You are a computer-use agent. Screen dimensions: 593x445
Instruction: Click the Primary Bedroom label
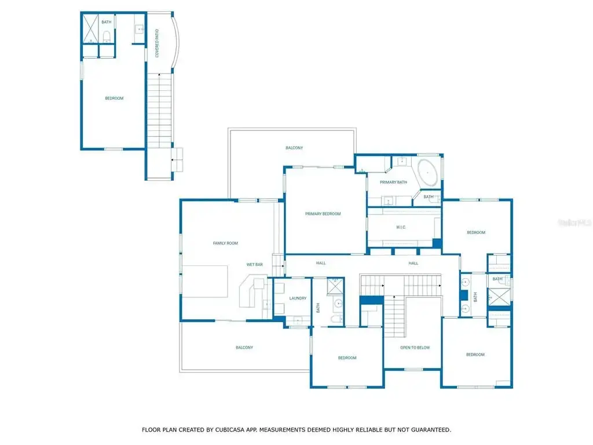(x=323, y=214)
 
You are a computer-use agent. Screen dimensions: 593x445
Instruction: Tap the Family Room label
(x=225, y=243)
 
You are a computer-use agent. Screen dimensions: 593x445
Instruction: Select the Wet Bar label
(x=255, y=264)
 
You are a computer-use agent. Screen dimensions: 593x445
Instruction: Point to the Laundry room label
(x=298, y=298)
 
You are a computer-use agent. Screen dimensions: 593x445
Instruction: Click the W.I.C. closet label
(x=401, y=227)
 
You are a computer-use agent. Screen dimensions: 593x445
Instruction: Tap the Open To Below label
(x=415, y=348)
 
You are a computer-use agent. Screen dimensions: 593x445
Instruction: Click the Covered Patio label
(x=157, y=43)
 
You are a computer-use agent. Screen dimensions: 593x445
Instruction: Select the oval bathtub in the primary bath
(x=427, y=173)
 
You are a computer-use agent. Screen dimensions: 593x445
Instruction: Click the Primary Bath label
(x=393, y=182)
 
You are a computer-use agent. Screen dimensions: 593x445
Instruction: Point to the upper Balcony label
(x=294, y=148)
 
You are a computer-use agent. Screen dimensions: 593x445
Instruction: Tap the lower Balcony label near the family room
(x=244, y=348)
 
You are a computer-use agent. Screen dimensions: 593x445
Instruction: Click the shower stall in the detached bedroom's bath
(x=91, y=29)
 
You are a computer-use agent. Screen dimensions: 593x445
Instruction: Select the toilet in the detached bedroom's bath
(x=107, y=37)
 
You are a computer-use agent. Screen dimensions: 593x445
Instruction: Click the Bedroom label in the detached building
(x=114, y=99)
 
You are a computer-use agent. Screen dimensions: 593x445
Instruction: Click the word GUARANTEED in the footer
(x=431, y=429)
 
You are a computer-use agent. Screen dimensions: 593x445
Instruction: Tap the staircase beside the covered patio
(x=159, y=111)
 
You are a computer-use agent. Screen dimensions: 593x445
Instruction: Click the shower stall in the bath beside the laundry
(x=335, y=286)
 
